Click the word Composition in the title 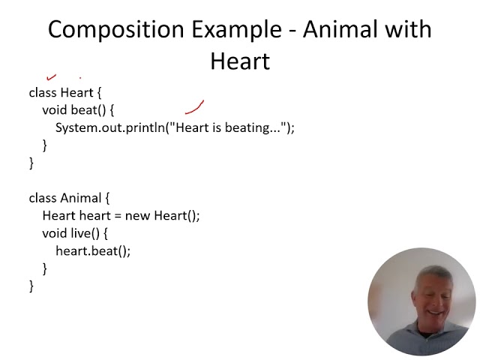(106, 29)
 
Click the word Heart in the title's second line (239, 61)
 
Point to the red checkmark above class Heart (52, 76)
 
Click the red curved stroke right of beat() (195, 109)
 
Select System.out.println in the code (109, 127)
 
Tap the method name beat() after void (88, 110)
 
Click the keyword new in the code (137, 216)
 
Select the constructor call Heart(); (177, 216)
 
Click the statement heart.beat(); (93, 251)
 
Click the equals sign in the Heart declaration (117, 216)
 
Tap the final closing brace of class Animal (31, 286)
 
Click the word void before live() (55, 233)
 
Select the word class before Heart (43, 92)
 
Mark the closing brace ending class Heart (31, 163)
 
